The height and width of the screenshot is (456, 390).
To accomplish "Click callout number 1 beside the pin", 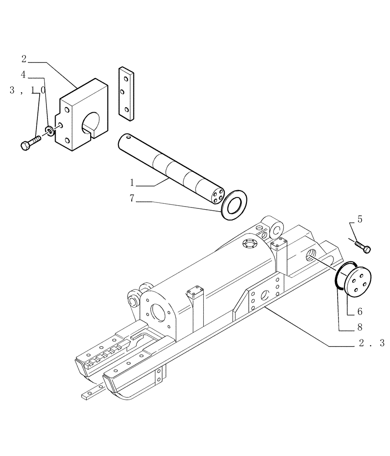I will click(132, 183).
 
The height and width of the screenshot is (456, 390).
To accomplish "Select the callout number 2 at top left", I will click(24, 59).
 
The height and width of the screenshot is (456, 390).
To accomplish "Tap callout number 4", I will click(24, 73).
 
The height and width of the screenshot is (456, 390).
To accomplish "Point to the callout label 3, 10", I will click(27, 91).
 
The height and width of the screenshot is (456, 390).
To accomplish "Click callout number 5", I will click(360, 219).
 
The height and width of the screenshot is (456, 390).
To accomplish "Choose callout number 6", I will click(359, 311).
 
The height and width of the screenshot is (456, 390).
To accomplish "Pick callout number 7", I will click(132, 199).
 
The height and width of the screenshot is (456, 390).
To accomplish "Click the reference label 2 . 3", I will click(371, 343).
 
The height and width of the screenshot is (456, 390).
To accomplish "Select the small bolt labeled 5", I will click(363, 247).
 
